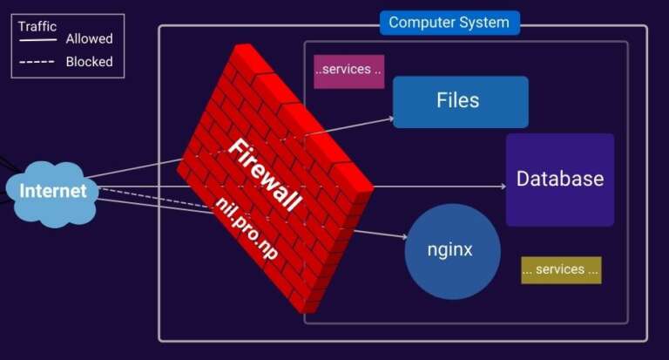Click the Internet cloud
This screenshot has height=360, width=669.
[x=53, y=191]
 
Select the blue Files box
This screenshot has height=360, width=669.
[x=460, y=102]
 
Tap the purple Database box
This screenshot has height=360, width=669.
[x=559, y=180]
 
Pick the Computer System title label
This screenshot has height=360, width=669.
[x=449, y=23]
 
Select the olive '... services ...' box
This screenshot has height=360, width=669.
[x=560, y=270]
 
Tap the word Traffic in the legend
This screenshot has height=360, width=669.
[x=37, y=26]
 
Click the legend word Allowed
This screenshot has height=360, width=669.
[x=89, y=39]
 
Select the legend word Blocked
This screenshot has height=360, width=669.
[x=89, y=62]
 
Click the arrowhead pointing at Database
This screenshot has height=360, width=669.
[x=502, y=187]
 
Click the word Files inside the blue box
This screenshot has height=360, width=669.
[x=458, y=100]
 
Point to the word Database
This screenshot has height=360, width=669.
[x=559, y=180]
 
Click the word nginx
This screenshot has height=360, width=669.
[x=449, y=250]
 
